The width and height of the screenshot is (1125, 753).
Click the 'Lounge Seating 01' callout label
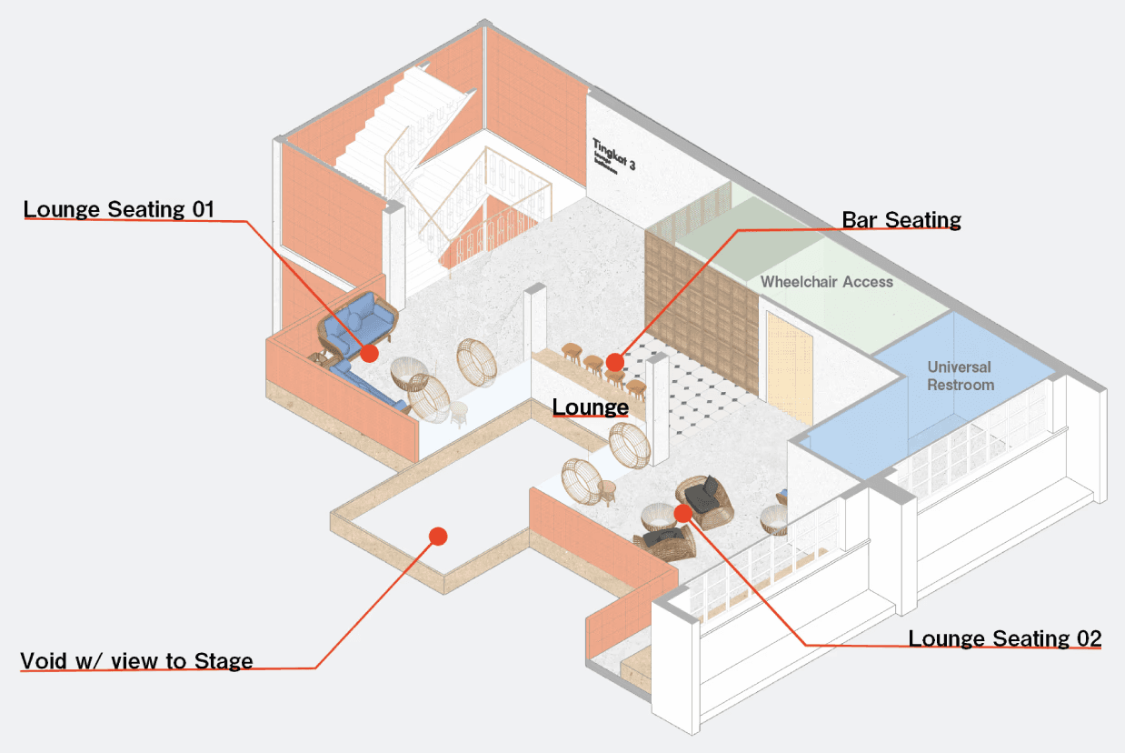[x=119, y=209]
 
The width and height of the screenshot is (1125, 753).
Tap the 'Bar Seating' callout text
[x=901, y=219]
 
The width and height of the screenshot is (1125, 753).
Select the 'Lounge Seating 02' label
[x=1004, y=638]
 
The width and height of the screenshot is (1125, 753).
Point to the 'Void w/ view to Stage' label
[x=136, y=660]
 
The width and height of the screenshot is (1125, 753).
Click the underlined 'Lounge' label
[x=591, y=407]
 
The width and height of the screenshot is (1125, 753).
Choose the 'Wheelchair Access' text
[x=827, y=282]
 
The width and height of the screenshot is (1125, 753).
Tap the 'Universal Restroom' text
[x=960, y=376]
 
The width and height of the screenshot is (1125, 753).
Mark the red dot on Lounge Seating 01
[x=369, y=353]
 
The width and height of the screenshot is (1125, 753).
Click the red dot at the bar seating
[x=615, y=363]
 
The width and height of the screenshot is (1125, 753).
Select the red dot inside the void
[x=438, y=536]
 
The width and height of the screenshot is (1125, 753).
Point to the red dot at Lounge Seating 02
[x=683, y=513]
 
